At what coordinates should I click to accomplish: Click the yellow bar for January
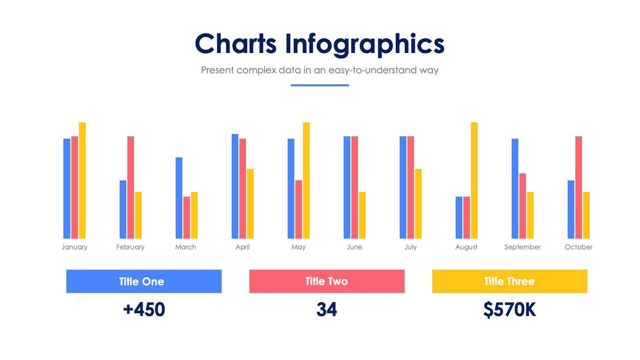[82, 180]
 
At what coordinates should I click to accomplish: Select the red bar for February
[131, 188]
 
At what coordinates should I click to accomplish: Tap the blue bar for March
[179, 198]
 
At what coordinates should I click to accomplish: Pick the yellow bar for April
[250, 204]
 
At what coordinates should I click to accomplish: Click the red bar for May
[298, 209]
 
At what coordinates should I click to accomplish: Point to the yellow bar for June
[362, 215]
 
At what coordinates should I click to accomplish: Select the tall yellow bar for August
[474, 180]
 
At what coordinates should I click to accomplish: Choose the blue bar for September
[515, 189]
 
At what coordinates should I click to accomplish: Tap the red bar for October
[579, 188]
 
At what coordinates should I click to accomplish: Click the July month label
[411, 247]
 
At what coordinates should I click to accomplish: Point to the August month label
[466, 247]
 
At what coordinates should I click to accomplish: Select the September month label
[522, 247]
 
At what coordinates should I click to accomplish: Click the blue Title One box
[144, 282]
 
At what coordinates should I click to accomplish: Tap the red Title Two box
[327, 282]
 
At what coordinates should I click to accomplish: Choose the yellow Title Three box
[509, 282]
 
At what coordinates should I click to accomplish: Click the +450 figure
[144, 310]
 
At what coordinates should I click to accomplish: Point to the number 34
[327, 310]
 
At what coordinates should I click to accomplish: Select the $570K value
[509, 310]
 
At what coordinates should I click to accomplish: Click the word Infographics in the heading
[364, 44]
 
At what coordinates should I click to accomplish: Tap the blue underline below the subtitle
[320, 85]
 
